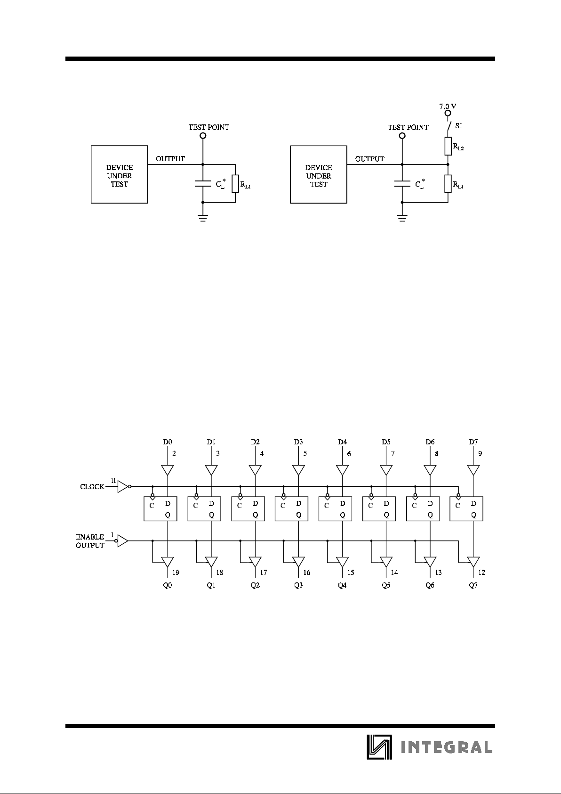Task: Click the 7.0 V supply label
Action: (x=448, y=106)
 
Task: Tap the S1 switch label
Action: (x=459, y=126)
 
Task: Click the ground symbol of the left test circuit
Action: (x=203, y=218)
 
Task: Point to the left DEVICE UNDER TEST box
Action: (x=119, y=175)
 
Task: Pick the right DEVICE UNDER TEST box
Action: (x=319, y=175)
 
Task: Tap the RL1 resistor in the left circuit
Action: (x=235, y=184)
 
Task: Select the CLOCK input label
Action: (x=92, y=487)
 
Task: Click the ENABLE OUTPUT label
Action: (x=90, y=541)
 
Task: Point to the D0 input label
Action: (x=168, y=442)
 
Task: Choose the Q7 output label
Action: (x=473, y=585)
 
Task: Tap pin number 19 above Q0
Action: (x=176, y=573)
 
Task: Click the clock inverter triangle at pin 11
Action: (x=122, y=486)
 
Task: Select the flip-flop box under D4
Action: (x=336, y=508)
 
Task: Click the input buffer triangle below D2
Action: (x=255, y=470)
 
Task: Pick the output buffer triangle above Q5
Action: (x=386, y=562)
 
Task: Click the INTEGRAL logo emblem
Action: (x=379, y=747)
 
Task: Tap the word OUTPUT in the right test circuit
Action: (x=370, y=159)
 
